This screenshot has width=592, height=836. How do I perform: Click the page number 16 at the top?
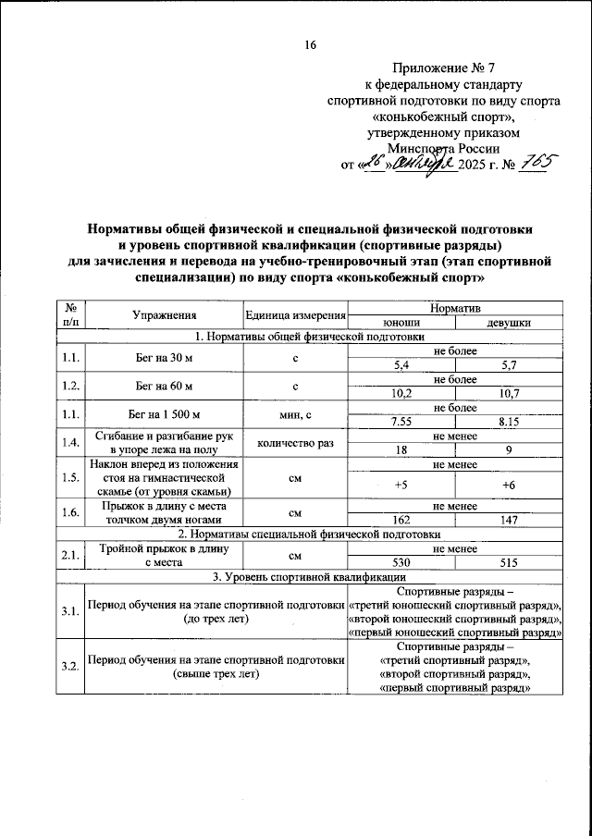pyautogui.click(x=309, y=46)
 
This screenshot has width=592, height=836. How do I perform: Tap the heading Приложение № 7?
pyautogui.click(x=445, y=68)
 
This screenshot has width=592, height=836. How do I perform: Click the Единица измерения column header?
pyautogui.click(x=294, y=316)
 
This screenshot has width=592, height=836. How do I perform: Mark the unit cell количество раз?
pyautogui.click(x=294, y=442)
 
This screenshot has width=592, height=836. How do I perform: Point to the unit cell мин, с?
pyautogui.click(x=294, y=413)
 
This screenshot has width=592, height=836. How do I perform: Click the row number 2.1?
pyautogui.click(x=69, y=556)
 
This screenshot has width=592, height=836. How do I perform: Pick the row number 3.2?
pyautogui.click(x=69, y=666)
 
